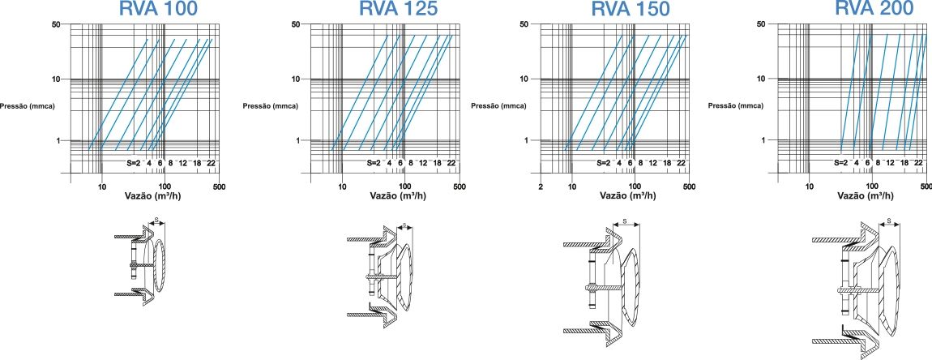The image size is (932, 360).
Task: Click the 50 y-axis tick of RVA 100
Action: tap(57, 24)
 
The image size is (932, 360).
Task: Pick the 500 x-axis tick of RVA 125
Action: tap(460, 187)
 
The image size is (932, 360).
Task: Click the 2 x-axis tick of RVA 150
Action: tap(541, 187)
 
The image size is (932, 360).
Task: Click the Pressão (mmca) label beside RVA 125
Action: tap(271, 106)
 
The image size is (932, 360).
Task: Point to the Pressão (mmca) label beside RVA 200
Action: tap(737, 106)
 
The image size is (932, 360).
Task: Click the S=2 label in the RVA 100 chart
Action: tap(133, 163)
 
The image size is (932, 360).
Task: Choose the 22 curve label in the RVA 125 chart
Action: tap(451, 163)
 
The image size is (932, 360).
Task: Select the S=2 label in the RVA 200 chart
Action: tap(840, 163)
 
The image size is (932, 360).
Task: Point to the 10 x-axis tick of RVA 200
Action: tap(809, 187)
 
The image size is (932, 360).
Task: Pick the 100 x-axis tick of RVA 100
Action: tap(165, 187)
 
